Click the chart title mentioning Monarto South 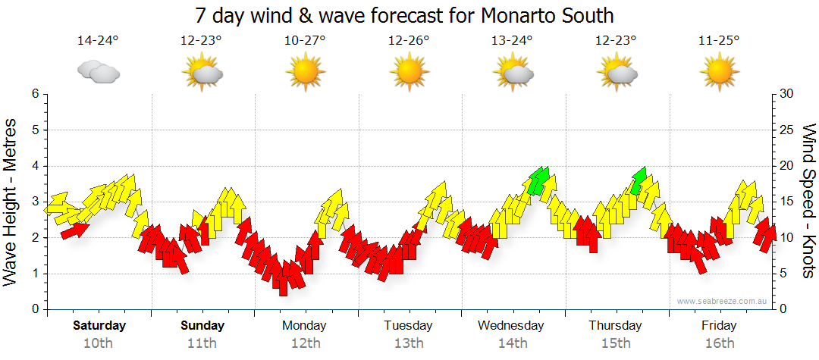pos(404,16)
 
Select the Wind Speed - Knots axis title pos(808,201)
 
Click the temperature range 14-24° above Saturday pos(98,41)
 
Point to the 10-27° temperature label pos(305,41)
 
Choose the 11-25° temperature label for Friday pos(719,41)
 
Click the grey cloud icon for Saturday pos(98,72)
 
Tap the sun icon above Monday pos(305,72)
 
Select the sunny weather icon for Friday pos(719,72)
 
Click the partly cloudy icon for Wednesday pos(513,72)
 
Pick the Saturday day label pos(99,326)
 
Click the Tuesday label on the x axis pos(408,326)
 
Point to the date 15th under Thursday pos(616,343)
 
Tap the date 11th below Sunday pos(202,343)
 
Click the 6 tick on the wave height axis pos(34,94)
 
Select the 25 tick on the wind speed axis pos(787,130)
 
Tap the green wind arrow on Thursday pos(639,180)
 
